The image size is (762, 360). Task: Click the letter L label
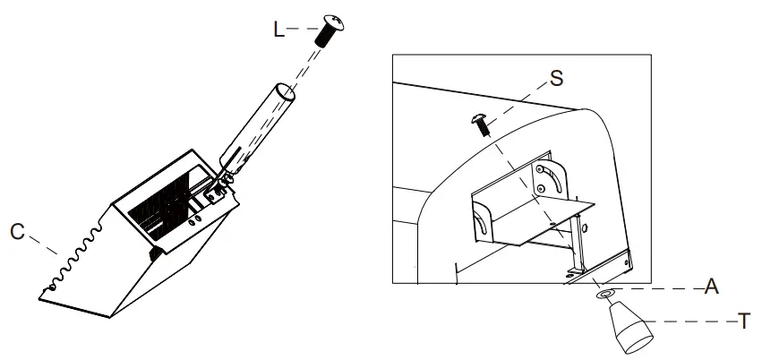click(278, 30)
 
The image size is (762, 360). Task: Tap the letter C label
click(18, 232)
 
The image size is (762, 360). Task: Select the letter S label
click(556, 78)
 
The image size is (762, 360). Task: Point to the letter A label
click(712, 287)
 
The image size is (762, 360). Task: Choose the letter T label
click(744, 321)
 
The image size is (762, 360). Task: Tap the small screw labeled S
click(481, 124)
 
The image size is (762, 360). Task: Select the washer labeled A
click(604, 294)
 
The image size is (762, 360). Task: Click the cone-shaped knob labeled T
click(630, 327)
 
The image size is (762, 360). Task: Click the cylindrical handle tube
click(257, 129)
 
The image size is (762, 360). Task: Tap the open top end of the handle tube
click(285, 91)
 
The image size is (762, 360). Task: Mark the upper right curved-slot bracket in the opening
click(550, 180)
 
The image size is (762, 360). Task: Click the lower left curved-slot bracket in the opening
click(482, 220)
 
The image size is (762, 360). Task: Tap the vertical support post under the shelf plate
click(578, 245)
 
